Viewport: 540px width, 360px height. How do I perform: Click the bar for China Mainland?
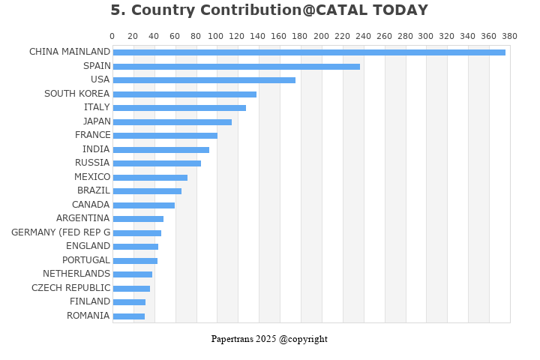[x=309, y=52]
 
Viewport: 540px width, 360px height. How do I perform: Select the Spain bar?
[x=236, y=67]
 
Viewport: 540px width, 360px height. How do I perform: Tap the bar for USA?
[x=204, y=80]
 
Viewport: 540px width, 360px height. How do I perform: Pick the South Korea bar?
[x=185, y=94]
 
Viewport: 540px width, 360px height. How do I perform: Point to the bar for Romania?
[x=129, y=316]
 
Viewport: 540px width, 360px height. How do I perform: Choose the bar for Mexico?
[x=150, y=178]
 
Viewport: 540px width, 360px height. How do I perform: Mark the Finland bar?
[x=129, y=302]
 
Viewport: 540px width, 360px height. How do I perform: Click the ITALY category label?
[x=97, y=107]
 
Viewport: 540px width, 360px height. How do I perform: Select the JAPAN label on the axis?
[x=97, y=121]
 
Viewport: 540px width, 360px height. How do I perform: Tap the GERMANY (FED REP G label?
[x=61, y=232]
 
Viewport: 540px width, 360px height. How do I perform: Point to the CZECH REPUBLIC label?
[x=71, y=288]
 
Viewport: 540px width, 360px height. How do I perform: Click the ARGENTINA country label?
[x=83, y=218]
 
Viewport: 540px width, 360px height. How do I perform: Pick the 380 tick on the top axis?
[x=510, y=36]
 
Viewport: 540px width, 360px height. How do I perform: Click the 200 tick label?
[x=321, y=36]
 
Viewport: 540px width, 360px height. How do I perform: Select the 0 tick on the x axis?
[x=112, y=36]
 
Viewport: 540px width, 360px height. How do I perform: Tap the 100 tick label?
[x=215, y=36]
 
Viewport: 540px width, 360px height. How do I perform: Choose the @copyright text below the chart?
[x=303, y=339]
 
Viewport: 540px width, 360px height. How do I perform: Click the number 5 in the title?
[x=115, y=10]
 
